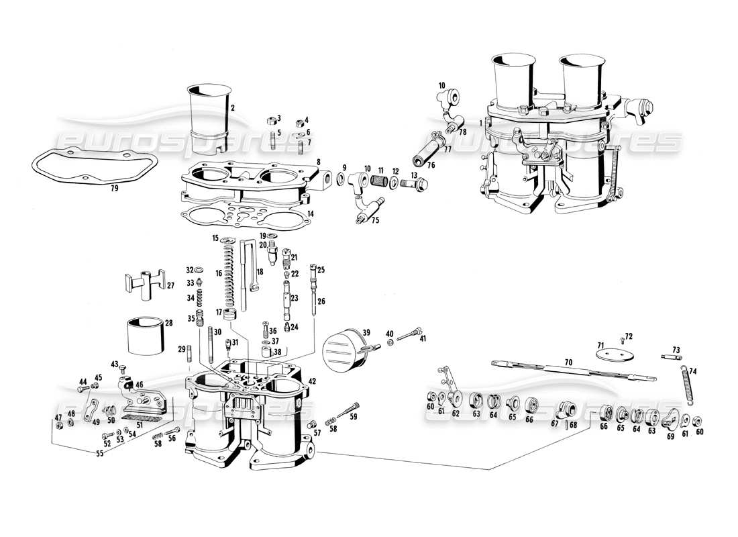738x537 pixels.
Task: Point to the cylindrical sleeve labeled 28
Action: (x=146, y=336)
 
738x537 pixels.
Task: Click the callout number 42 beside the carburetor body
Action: (x=312, y=381)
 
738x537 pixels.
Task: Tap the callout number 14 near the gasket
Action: (x=310, y=214)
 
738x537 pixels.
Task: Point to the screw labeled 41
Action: (x=411, y=333)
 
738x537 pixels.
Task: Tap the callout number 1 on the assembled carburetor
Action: (x=481, y=123)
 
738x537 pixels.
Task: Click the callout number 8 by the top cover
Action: (x=319, y=162)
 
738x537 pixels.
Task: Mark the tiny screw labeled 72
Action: (x=622, y=340)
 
